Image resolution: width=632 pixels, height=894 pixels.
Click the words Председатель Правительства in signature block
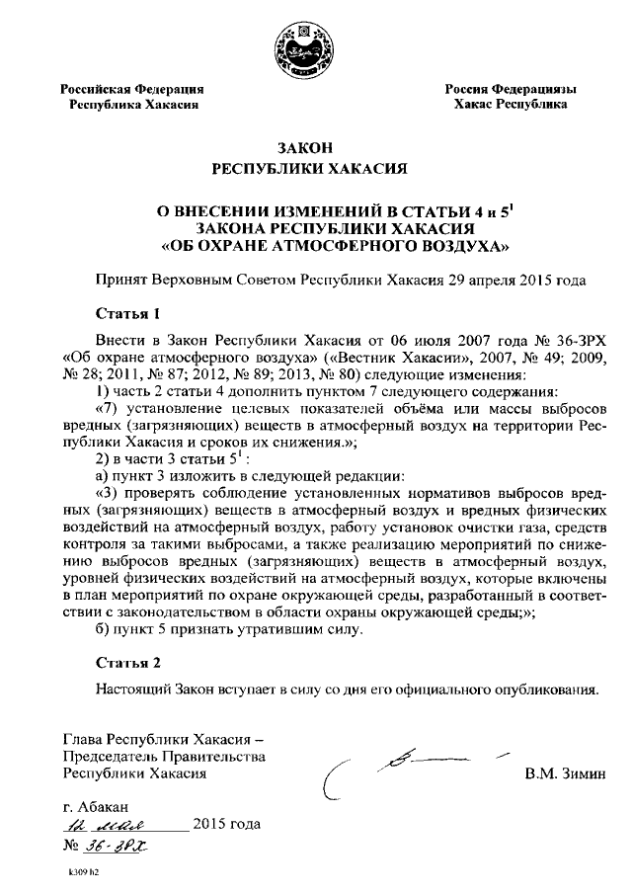click(x=164, y=756)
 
